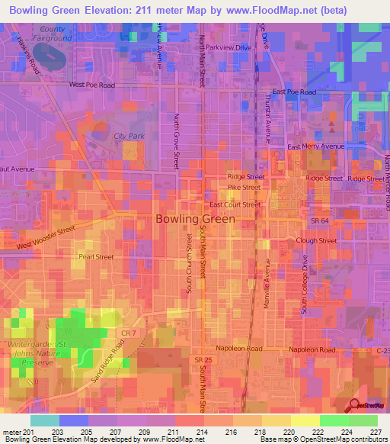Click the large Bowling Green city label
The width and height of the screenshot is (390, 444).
point(195,218)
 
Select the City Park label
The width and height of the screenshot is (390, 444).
point(129,136)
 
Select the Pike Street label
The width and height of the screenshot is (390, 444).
point(244,187)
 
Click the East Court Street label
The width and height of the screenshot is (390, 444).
point(235,204)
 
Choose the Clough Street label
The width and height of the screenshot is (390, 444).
point(316,240)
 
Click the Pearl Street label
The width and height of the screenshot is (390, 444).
point(95,257)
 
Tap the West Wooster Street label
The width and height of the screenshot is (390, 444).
point(46,236)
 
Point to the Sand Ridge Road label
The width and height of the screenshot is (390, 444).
point(109,357)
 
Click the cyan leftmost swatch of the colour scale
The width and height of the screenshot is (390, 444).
point(45,420)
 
